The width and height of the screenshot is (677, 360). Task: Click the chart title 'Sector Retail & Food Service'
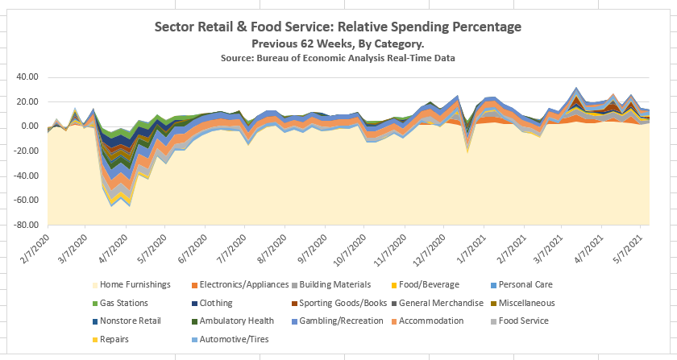[338, 27]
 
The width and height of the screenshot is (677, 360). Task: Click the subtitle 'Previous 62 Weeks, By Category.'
[338, 43]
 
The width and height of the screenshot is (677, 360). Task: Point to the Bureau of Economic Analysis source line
[338, 58]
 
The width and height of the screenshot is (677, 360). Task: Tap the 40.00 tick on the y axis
[27, 77]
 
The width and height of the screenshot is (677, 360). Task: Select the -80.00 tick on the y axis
[26, 226]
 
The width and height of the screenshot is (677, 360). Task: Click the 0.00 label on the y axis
[30, 126]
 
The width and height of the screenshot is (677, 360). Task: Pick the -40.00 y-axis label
[26, 176]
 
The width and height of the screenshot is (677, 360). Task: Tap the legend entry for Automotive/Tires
[235, 339]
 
